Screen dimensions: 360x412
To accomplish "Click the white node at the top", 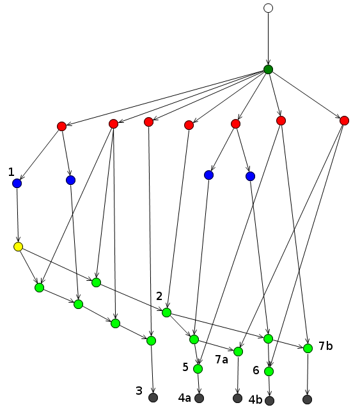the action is (268, 8).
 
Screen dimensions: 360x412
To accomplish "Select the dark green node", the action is (268, 69).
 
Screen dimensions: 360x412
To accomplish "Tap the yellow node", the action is (18, 247).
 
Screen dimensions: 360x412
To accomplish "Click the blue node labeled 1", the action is (17, 183).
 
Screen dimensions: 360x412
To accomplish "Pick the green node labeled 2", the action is (166, 312).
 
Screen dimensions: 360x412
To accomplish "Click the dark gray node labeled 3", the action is (153, 397).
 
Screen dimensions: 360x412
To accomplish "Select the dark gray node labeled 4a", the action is (199, 399).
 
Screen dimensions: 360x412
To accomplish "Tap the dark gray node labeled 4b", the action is (269, 400).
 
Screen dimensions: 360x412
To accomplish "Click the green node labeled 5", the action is (198, 369).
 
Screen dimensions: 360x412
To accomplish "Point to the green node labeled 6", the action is (269, 371).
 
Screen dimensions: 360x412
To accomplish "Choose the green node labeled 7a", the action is (238, 352).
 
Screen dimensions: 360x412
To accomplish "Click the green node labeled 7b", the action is (308, 349).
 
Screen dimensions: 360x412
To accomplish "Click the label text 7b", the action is (325, 346).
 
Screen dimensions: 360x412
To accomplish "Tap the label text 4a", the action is (185, 398).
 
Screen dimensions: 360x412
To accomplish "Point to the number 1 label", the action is (11, 172).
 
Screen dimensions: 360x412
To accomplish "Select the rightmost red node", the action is (344, 121).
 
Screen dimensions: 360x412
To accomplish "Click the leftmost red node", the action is (62, 127).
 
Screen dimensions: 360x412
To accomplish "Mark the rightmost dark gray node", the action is (307, 399).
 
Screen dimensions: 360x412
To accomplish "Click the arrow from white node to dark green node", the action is (268, 39).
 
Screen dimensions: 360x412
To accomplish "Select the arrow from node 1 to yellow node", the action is (18, 215).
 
